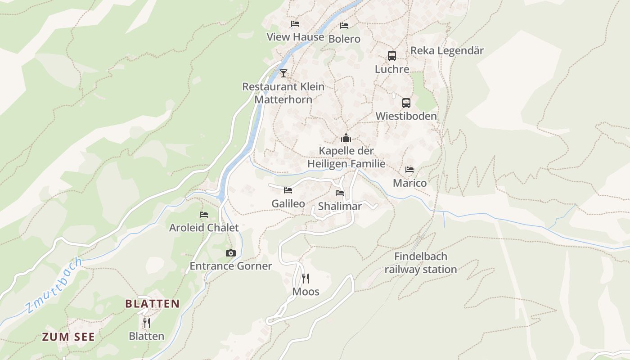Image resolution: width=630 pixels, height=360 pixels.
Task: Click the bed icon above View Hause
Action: coord(295,24)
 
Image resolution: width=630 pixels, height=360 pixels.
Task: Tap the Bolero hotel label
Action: coord(344,39)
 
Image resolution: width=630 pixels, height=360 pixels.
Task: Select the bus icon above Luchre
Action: coord(392,56)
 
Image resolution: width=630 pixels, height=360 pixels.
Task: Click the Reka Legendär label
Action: coord(447,50)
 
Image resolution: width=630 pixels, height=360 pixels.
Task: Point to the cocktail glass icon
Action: coord(283,73)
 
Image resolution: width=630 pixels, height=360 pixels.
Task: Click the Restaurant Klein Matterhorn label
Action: coord(283,93)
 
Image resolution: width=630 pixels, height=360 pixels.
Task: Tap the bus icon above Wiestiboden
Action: coord(406,103)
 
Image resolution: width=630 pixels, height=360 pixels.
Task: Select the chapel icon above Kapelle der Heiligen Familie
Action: coord(346,138)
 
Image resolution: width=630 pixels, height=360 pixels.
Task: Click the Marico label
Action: coord(409,183)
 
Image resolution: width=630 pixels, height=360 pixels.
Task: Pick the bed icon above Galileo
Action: coord(288,190)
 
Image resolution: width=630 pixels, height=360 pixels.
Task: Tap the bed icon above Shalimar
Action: coord(340,193)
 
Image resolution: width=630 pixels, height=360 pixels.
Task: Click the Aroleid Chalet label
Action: coord(204,228)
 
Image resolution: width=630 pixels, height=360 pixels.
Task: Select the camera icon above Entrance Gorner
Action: coord(231,253)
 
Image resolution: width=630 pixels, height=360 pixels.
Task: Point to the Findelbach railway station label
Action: coord(420,263)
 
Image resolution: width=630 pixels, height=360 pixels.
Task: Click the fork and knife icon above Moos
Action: coord(306,279)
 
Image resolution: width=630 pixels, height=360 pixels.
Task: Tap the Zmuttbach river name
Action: coord(54,285)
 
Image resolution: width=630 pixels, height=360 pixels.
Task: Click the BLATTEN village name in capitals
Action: coord(152,304)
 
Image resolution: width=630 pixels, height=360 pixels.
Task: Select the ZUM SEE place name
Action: coord(68,337)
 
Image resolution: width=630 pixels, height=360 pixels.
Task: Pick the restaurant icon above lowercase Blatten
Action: coord(146,323)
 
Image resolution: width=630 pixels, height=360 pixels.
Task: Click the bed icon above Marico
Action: coord(409,170)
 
